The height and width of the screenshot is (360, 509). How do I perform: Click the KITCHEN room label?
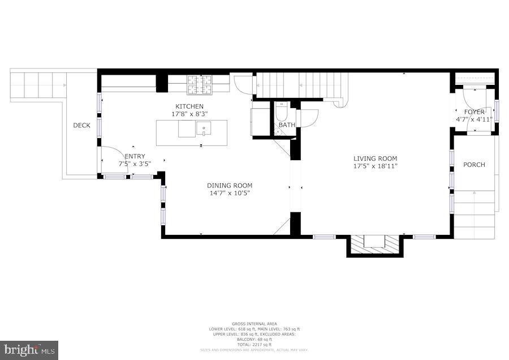pyautogui.click(x=189, y=106)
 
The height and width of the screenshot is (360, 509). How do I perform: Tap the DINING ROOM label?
pyautogui.click(x=229, y=185)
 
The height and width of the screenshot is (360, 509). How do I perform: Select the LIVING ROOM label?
pyautogui.click(x=375, y=158)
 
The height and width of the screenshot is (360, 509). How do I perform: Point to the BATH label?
pyautogui.click(x=287, y=125)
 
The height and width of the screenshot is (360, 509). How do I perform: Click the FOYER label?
pyautogui.click(x=474, y=112)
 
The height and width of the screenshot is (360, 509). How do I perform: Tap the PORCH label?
pyautogui.click(x=474, y=165)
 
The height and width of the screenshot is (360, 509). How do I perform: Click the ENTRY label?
pyautogui.click(x=135, y=156)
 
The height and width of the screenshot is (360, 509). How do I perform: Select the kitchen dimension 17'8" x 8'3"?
pyautogui.click(x=189, y=114)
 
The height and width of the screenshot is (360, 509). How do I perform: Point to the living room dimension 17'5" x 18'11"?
pyautogui.click(x=375, y=166)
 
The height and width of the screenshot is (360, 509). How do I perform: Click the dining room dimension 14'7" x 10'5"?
pyautogui.click(x=229, y=192)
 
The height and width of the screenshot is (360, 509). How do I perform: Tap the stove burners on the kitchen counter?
pyautogui.click(x=200, y=85)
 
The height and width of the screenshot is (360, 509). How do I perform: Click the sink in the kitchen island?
pyautogui.click(x=204, y=130)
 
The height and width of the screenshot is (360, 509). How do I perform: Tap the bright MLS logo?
pyautogui.click(x=29, y=349)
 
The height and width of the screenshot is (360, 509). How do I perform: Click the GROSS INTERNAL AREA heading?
pyautogui.click(x=254, y=324)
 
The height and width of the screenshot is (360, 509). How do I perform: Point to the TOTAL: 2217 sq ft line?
pyautogui.click(x=254, y=344)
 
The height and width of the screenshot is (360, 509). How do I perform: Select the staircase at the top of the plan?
pyautogui.click(x=300, y=85)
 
